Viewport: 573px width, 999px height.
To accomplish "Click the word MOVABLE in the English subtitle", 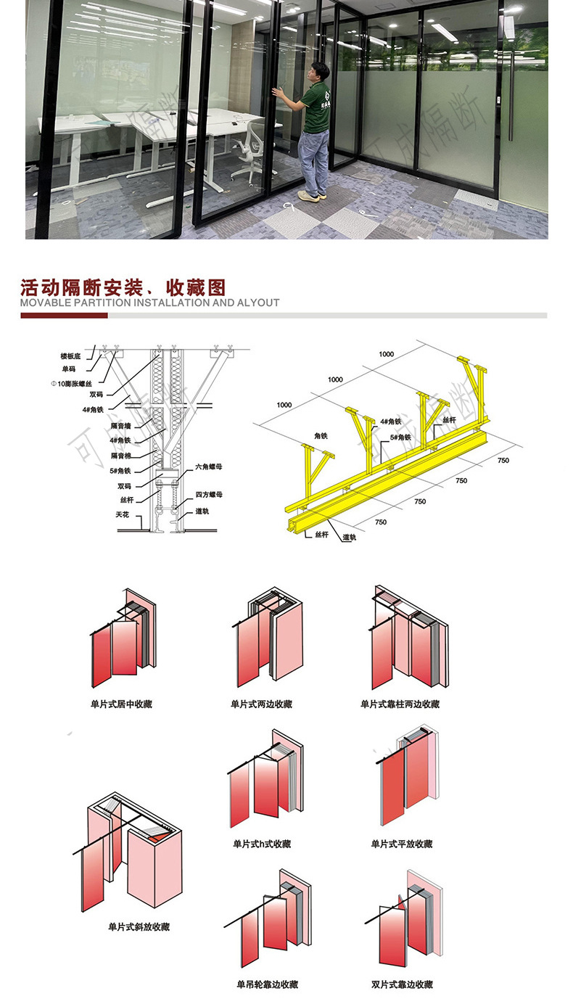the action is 46,303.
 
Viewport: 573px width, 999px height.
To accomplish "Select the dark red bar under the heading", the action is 64,316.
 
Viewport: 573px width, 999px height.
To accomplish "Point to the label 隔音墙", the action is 120,427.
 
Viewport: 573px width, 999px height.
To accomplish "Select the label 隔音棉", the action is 120,456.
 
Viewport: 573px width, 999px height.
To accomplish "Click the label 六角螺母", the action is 209,466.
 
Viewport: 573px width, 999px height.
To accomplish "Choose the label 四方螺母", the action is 209,495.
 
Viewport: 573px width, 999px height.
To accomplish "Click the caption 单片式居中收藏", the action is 121,704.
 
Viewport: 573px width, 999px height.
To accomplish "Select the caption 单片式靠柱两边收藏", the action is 400,704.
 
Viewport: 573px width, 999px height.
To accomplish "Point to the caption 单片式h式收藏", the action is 261,844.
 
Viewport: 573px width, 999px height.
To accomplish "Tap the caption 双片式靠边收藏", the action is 402,984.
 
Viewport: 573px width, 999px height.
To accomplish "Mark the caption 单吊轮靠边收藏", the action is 267,984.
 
